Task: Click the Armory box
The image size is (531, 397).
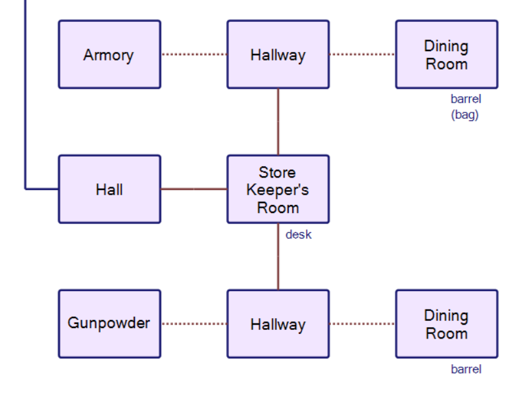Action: click(x=109, y=55)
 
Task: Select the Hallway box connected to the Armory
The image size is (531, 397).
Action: click(x=278, y=55)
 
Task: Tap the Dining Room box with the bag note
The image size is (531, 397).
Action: click(x=446, y=55)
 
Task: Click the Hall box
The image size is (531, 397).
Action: click(x=109, y=189)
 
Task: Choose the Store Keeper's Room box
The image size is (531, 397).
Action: click(x=278, y=189)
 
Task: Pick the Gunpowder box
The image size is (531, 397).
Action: click(x=109, y=323)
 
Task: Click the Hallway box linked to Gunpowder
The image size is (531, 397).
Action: click(x=278, y=323)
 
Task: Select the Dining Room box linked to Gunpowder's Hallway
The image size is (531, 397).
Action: click(x=446, y=323)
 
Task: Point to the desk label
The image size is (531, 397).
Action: click(x=298, y=234)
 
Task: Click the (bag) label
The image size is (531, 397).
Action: click(x=465, y=114)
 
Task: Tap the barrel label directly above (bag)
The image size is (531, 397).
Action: click(x=465, y=99)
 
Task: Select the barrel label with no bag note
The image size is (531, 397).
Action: click(x=465, y=369)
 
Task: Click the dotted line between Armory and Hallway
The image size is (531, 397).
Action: click(x=194, y=55)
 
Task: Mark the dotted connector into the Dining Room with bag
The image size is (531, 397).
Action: click(x=362, y=55)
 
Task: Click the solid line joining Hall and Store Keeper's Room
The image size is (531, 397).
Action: click(x=194, y=189)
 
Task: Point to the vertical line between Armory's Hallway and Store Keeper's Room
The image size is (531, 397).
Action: click(x=278, y=122)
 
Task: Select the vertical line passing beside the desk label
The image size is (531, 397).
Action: click(x=278, y=256)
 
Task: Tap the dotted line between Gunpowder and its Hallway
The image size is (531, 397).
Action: click(x=194, y=323)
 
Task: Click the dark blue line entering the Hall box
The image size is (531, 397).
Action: click(x=41, y=189)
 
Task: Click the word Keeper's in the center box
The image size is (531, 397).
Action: click(x=278, y=190)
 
